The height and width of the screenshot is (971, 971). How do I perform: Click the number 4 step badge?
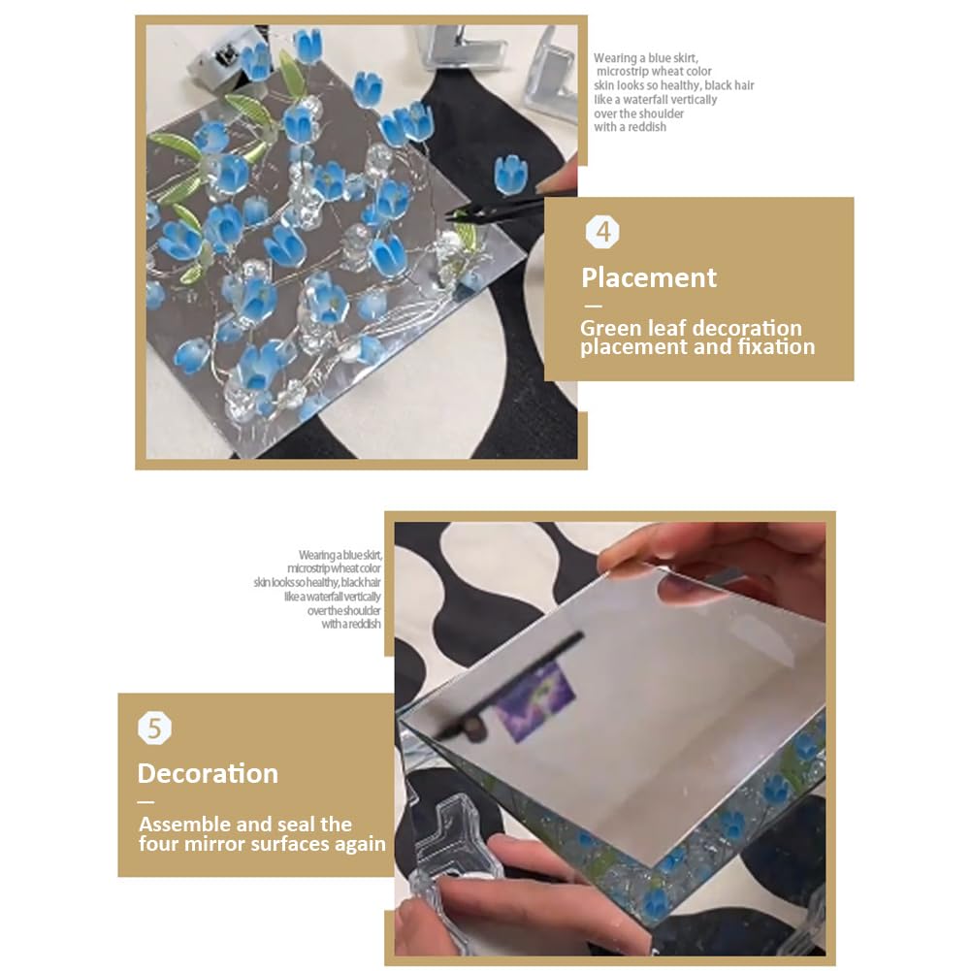(602, 232)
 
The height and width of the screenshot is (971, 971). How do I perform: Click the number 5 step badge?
(154, 728)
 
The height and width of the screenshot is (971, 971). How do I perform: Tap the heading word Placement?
(649, 278)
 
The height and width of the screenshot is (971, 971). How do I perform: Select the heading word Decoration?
(208, 773)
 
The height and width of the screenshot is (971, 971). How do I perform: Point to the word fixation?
(776, 347)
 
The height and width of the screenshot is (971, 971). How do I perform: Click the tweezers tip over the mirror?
(448, 215)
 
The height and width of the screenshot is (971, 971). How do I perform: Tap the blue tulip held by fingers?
(511, 174)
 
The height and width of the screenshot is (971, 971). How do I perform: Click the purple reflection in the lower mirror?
(535, 700)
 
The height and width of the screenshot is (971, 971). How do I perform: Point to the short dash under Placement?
(593, 306)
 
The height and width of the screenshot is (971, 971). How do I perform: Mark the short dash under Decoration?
(146, 802)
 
